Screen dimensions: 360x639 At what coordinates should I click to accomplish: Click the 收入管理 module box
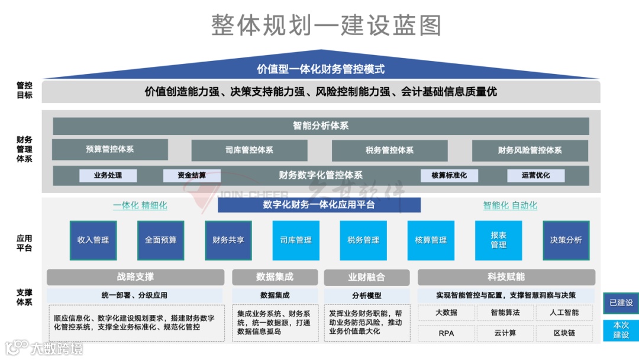coord(93,240)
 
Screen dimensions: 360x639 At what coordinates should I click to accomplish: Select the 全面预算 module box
coord(160,240)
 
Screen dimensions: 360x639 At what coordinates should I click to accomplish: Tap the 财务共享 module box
coord(228,240)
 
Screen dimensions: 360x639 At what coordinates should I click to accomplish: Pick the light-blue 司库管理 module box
coord(296,240)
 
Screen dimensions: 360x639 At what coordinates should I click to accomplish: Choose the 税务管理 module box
coord(363,240)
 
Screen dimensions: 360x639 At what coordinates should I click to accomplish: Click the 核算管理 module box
coord(431,240)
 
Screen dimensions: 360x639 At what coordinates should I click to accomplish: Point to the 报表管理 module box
coord(498,240)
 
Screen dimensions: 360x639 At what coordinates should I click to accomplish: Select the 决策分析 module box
coord(566,240)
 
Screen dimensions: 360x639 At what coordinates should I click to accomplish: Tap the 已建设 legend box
coord(621,303)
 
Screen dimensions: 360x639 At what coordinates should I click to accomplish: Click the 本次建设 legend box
coord(621,330)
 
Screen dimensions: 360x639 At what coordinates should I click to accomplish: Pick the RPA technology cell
coord(446,333)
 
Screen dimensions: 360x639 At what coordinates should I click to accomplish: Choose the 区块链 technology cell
coord(564,333)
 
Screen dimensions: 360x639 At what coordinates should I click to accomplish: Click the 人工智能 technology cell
coord(564,313)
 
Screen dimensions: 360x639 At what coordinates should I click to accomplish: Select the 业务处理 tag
coord(108,175)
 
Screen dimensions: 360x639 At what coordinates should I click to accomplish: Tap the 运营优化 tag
coord(535,175)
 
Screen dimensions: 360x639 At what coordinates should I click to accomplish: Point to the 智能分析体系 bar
coord(321,126)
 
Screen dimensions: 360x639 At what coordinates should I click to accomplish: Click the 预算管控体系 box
coord(110,150)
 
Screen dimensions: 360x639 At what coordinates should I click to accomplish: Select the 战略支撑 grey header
coord(135,277)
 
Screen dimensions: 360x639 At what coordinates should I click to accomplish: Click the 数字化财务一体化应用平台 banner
coord(319,205)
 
